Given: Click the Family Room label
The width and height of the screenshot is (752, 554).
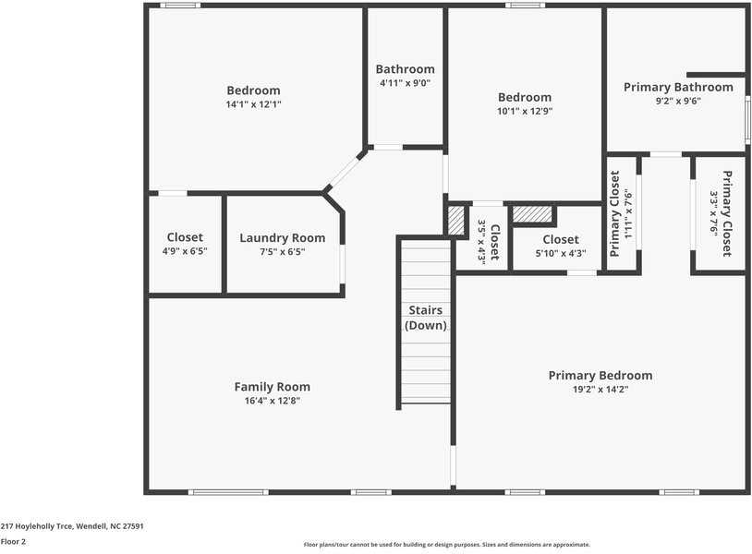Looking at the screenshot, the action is point(272,386).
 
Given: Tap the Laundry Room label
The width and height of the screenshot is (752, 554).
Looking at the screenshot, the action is point(283,237).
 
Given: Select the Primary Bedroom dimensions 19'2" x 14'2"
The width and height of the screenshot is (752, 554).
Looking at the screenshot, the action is point(600,389).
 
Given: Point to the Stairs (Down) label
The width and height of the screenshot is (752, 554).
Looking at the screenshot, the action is point(425,318).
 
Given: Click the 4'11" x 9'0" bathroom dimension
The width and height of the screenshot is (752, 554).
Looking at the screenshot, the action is point(406,83).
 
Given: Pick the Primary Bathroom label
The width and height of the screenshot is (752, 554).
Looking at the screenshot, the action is point(678,87).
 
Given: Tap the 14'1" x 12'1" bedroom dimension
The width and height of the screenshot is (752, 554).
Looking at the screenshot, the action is point(254,104).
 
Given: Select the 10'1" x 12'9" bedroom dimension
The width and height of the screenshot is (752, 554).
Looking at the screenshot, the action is point(525,111).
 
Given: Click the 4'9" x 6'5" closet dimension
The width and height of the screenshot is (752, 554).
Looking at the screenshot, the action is point(185,250).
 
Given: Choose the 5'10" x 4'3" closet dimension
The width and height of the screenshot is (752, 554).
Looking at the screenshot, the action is point(561,253).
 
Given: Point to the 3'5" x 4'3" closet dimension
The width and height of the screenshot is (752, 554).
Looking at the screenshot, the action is point(482,242).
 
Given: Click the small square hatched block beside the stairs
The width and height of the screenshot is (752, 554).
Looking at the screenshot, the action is point(456,221).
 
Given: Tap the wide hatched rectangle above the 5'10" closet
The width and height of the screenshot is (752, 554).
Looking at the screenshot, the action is point(532,213).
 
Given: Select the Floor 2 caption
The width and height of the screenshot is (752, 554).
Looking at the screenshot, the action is point(13,542).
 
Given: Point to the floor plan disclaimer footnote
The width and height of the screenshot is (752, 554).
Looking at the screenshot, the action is point(447,545).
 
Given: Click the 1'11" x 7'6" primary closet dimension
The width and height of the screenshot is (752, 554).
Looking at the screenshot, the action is point(629,213).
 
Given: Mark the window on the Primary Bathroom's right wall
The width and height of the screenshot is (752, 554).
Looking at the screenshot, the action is point(747,119).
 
